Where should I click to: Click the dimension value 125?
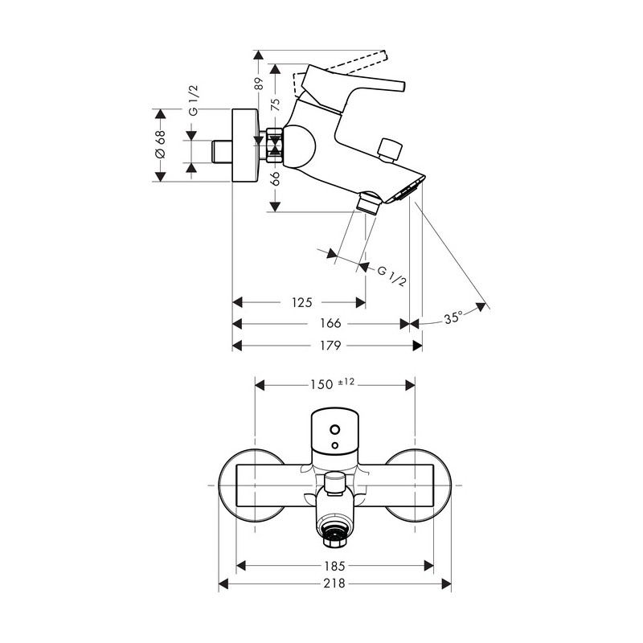[x=301, y=303]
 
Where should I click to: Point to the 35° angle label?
[x=453, y=317]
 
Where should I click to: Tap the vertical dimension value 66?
[x=275, y=178]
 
